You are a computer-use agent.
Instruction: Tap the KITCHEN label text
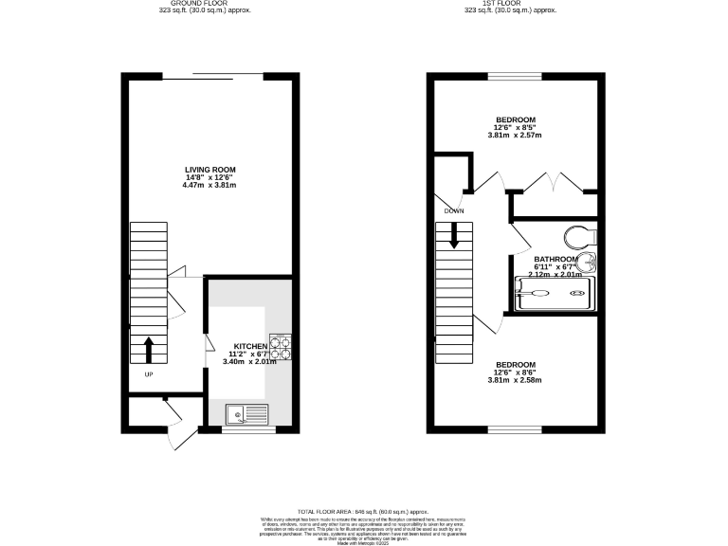[x=236, y=346]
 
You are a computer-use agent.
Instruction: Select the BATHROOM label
[x=555, y=260]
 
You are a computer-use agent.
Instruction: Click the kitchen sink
[x=247, y=413]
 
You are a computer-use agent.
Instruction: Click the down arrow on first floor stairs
[x=453, y=235]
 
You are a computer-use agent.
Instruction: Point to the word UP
[x=149, y=374]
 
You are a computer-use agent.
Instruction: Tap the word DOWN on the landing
[x=453, y=211]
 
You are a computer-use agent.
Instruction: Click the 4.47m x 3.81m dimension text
[x=209, y=185]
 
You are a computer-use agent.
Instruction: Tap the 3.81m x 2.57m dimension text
[x=515, y=136]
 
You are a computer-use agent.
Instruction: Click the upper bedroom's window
[x=515, y=76]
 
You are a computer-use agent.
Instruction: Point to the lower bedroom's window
[x=515, y=429]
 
